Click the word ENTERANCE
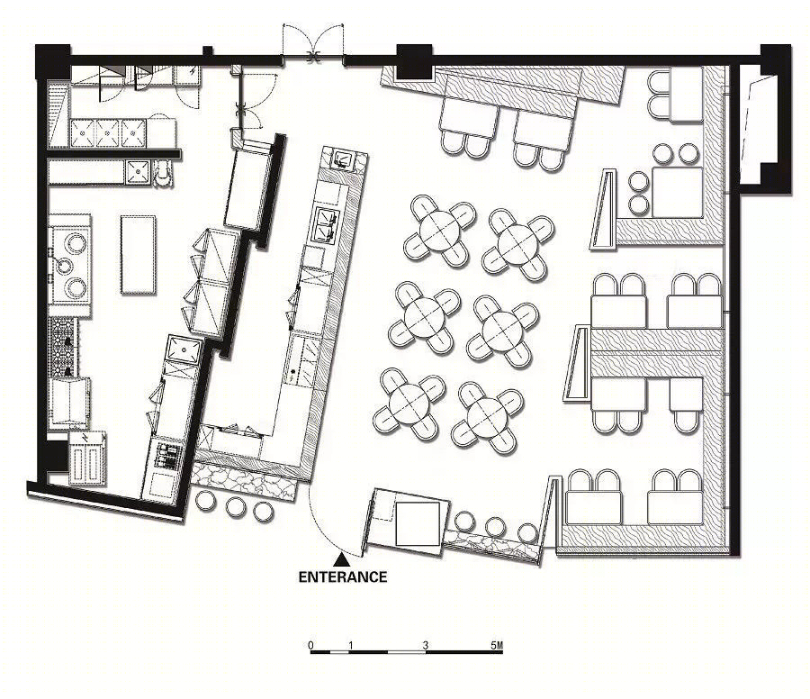tap(343, 576)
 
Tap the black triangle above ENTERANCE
tap(341, 559)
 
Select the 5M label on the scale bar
tap(497, 645)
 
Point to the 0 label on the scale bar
tap(310, 645)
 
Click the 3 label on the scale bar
tap(426, 645)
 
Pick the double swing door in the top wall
tap(313, 46)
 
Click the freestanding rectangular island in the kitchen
tap(139, 254)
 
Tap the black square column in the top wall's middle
tap(414, 61)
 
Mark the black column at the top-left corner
tap(53, 61)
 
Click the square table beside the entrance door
tap(418, 522)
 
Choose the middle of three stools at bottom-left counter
tap(236, 506)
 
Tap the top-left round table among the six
tap(439, 231)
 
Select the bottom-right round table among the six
tap(487, 417)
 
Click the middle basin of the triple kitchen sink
tap(107, 133)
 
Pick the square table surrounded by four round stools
tap(677, 192)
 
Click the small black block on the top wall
tap(208, 50)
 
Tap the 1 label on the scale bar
tap(351, 645)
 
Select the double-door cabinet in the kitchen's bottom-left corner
tap(87, 458)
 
